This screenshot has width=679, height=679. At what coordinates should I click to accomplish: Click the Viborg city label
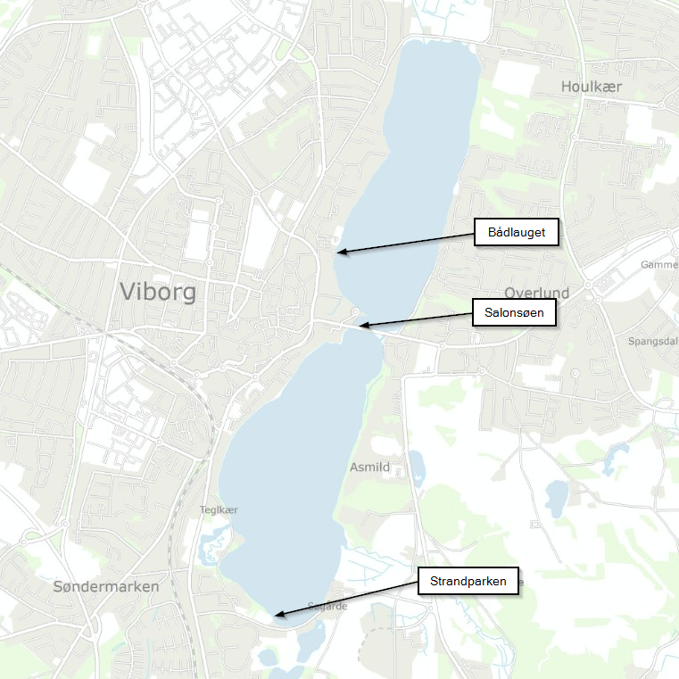[157, 292]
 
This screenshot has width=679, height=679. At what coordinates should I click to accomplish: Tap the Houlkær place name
[592, 87]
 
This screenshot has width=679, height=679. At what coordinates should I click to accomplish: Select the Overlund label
[536, 294]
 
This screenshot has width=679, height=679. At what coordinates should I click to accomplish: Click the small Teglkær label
[219, 509]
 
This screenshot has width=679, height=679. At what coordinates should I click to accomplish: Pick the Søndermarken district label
[105, 586]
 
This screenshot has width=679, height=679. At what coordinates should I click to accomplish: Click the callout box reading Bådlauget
[516, 233]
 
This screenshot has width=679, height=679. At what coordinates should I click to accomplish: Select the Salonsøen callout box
[514, 313]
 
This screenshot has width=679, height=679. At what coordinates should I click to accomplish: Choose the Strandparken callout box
[468, 582]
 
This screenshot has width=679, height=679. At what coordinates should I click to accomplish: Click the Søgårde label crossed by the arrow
[326, 606]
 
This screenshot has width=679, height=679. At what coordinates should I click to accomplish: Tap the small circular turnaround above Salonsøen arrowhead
[356, 311]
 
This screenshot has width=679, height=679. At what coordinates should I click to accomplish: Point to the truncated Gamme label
[659, 265]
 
